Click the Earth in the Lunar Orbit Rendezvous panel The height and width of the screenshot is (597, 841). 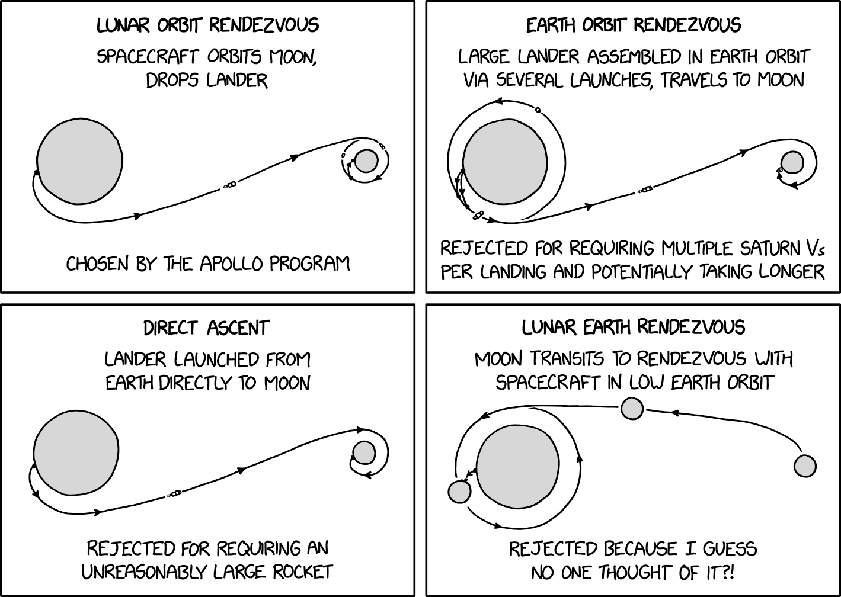point(79,161)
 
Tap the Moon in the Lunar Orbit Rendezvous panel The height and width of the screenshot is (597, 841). point(366,161)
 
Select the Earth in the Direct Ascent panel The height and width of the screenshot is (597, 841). point(76,452)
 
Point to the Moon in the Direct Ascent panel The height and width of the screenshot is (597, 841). point(364,452)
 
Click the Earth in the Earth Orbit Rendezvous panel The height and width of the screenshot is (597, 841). point(505,162)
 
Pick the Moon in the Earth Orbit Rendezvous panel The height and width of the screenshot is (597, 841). point(792,163)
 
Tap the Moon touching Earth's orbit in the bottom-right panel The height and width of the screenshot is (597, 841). point(459,492)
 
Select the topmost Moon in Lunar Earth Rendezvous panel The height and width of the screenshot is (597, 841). point(632,408)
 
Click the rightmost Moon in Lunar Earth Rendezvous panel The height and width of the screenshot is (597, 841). point(805,466)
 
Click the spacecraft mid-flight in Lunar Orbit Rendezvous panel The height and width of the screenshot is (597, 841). point(230,185)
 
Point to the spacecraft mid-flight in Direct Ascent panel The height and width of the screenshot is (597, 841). point(175,494)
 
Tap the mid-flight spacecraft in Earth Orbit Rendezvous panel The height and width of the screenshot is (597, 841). point(645,190)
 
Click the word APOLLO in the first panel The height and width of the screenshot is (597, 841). point(231,264)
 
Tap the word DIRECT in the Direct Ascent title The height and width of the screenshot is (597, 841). point(171,328)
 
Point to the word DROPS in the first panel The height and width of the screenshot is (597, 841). point(172,81)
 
